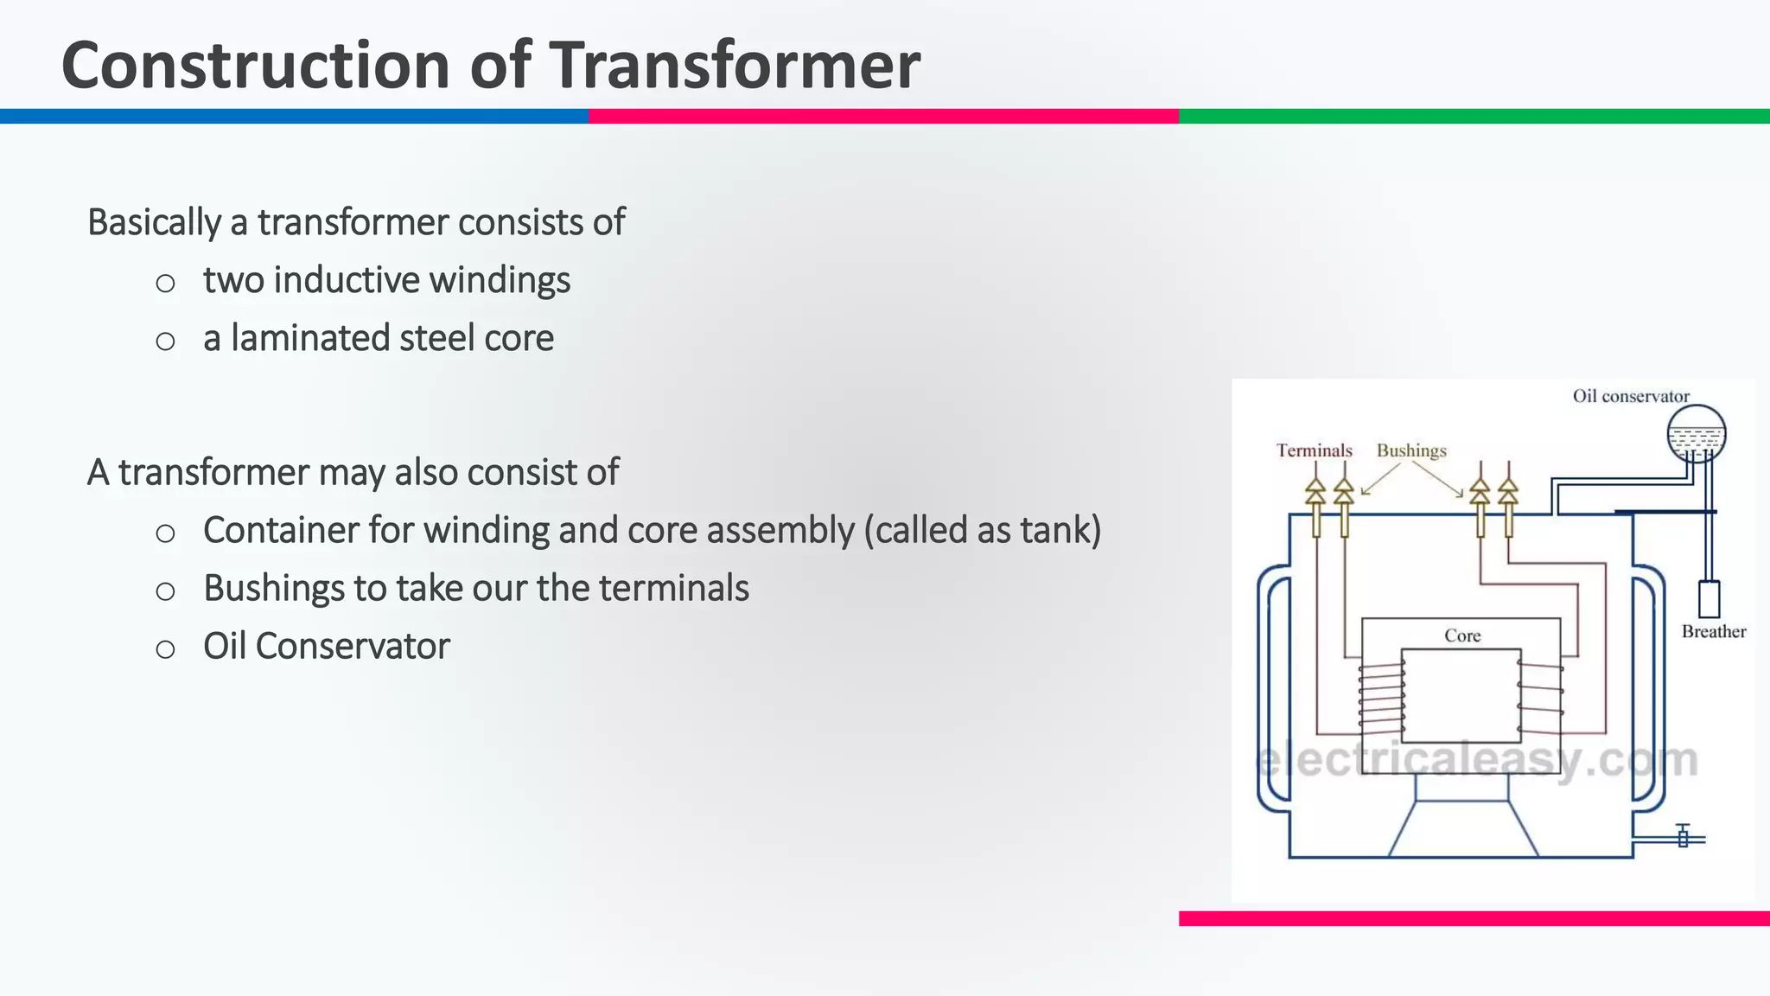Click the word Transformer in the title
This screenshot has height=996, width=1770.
click(x=735, y=66)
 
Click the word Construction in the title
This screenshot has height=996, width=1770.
click(x=256, y=66)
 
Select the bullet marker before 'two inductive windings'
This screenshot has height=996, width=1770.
click(x=165, y=283)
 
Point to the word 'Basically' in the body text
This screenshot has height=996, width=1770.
click(x=154, y=223)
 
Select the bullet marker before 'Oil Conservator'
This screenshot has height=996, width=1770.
click(x=165, y=648)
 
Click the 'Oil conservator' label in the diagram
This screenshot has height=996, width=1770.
click(x=1630, y=396)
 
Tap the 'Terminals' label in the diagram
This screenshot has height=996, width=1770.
click(x=1314, y=450)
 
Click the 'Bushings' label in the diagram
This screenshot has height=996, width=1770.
click(x=1410, y=450)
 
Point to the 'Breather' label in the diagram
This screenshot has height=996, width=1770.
click(x=1713, y=631)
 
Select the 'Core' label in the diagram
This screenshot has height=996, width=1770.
click(x=1462, y=635)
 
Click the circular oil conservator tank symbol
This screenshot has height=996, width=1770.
click(x=1696, y=432)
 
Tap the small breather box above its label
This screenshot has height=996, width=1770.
click(x=1709, y=598)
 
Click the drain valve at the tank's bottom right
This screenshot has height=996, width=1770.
click(x=1682, y=837)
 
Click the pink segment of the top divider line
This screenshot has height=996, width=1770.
click(x=883, y=116)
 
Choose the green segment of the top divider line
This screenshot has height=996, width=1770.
click(x=1474, y=116)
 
